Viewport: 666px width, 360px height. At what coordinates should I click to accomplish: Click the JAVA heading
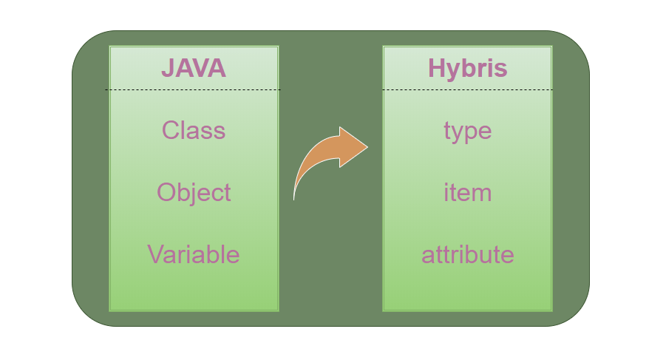194,69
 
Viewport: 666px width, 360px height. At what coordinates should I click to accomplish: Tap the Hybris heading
467,69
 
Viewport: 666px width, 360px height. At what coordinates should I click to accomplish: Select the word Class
194,131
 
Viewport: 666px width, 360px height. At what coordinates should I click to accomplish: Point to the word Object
194,193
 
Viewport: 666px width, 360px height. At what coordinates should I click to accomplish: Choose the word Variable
194,254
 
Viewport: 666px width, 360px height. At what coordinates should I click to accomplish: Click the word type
467,132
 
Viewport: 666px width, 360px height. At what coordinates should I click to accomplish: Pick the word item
467,193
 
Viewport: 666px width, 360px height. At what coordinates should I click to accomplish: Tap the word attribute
467,255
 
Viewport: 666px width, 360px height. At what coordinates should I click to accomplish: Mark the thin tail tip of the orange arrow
294,197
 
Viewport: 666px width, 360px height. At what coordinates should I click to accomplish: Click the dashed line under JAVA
194,90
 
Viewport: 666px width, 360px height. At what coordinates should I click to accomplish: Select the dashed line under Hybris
467,90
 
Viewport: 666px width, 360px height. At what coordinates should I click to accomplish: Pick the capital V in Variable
155,254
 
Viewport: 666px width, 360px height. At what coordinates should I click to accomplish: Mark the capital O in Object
166,193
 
